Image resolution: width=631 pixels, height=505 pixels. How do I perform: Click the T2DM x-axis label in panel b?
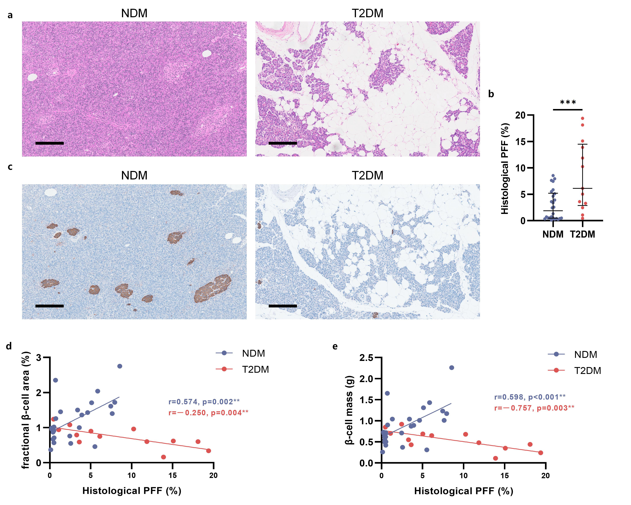click(x=582, y=234)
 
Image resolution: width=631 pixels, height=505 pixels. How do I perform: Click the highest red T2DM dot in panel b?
click(x=582, y=118)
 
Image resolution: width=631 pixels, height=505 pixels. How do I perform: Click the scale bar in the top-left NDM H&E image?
click(x=50, y=143)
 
